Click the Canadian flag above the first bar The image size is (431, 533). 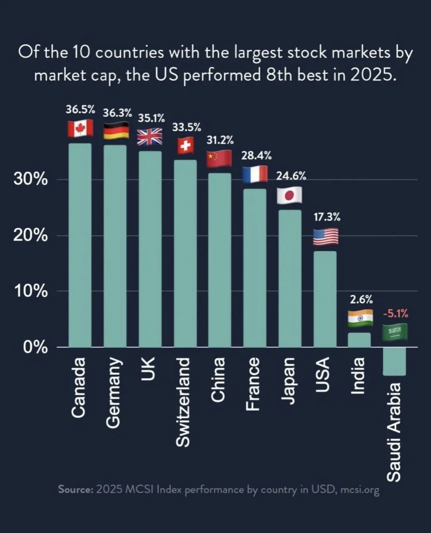tap(80, 128)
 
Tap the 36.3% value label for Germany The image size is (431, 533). tap(117, 113)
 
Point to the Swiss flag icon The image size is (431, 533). tap(186, 146)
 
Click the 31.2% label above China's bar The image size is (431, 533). tap(220, 140)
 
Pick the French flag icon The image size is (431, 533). tap(255, 174)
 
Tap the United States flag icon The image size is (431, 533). tap(325, 237)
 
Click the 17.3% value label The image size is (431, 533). tap(327, 217)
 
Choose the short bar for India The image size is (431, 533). tap(359, 340)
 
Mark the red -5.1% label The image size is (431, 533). tap(396, 313)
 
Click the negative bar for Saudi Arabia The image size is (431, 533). tap(394, 361)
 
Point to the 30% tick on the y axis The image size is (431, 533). tap(31, 179)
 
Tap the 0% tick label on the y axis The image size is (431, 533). tap(35, 348)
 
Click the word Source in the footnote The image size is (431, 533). tap(75, 489)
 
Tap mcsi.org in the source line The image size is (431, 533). tap(360, 490)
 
